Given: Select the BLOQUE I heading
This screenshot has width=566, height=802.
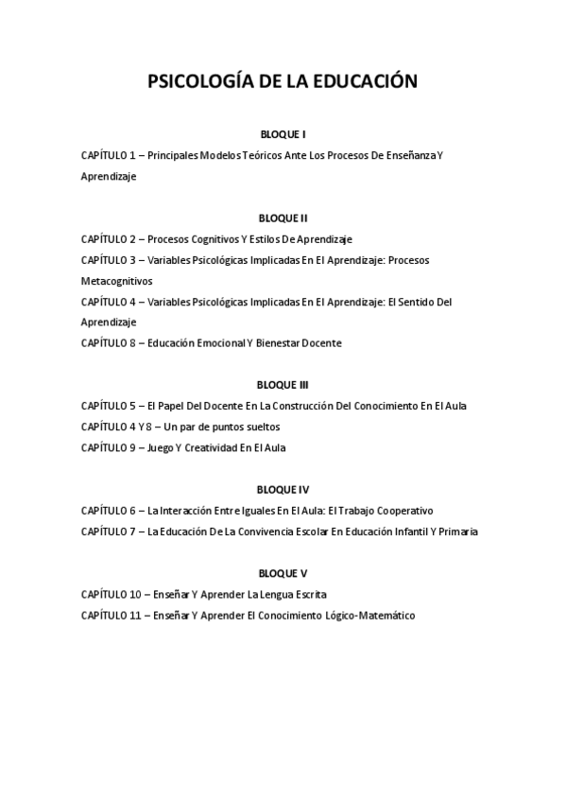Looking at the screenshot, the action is [x=283, y=134].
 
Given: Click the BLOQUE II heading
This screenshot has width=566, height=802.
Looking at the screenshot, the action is [x=283, y=218].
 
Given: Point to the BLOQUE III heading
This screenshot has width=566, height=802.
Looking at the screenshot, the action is [x=283, y=385].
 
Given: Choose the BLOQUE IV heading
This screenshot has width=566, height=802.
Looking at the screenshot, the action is [x=283, y=490].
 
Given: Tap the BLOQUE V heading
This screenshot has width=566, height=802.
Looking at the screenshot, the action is [x=283, y=573].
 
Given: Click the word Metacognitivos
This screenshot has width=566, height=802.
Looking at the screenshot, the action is [x=116, y=281].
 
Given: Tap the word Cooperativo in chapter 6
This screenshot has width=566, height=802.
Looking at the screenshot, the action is [x=404, y=511].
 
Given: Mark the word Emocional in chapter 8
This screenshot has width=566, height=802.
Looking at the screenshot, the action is [x=218, y=343].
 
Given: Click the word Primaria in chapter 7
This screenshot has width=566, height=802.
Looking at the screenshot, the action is [x=458, y=532].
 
